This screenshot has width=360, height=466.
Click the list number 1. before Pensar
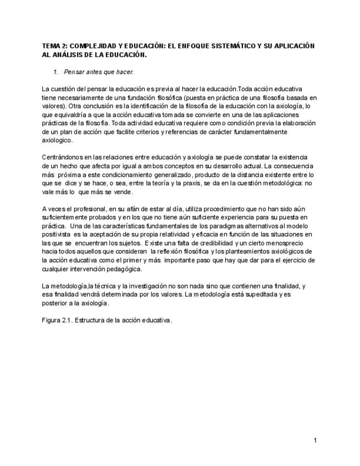56,72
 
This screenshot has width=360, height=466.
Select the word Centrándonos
62,157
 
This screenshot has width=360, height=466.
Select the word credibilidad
213,243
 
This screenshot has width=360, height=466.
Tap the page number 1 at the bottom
315,440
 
